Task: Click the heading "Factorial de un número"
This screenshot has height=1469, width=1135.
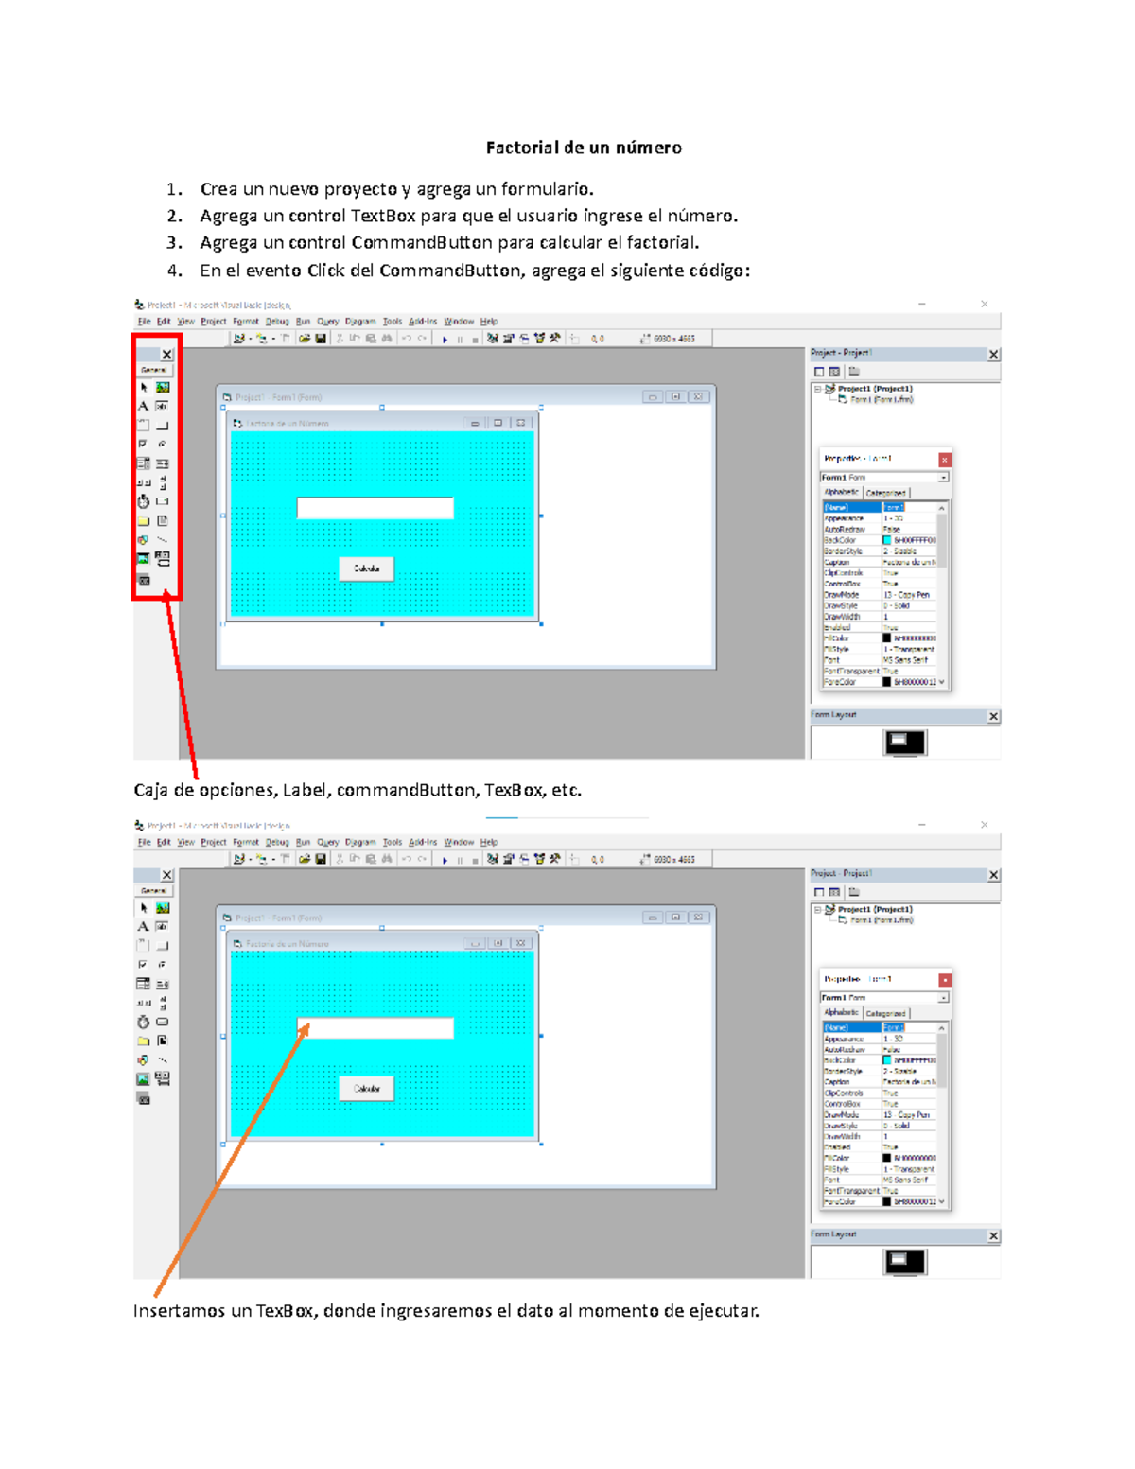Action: (584, 148)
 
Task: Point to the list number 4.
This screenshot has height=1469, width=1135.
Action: (174, 271)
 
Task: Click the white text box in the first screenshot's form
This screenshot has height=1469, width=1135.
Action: (375, 508)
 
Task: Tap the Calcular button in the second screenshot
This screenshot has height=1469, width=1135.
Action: (366, 1089)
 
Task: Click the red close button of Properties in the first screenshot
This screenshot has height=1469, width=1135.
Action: (944, 460)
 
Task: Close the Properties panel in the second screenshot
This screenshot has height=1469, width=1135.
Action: (944, 980)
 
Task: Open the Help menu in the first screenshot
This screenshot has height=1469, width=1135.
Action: (488, 322)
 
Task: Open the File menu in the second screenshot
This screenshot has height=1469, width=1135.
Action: (144, 842)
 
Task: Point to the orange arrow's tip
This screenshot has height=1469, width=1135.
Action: (307, 1024)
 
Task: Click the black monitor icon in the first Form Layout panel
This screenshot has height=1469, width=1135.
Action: (904, 742)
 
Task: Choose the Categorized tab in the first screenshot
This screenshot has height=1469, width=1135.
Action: (885, 493)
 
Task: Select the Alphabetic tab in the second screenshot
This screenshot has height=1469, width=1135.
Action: (841, 1012)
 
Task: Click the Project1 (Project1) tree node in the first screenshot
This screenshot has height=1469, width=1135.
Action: (874, 389)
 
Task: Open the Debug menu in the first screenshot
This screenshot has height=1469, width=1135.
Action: (276, 322)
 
